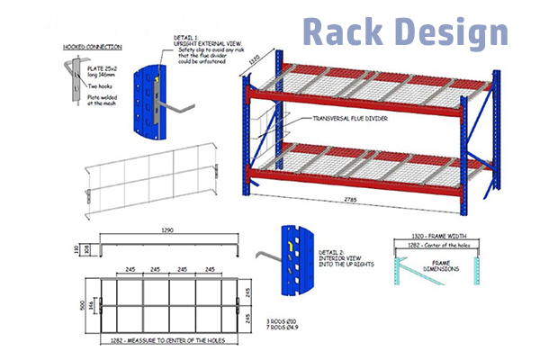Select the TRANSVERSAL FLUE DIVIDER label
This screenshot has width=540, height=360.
coord(332,118)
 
